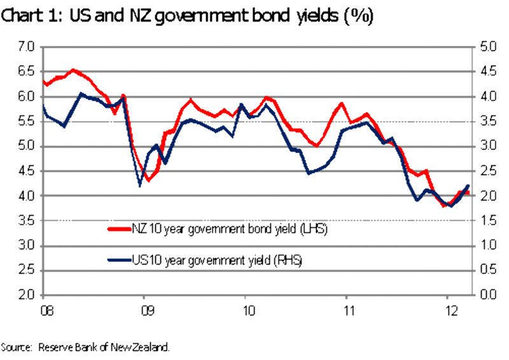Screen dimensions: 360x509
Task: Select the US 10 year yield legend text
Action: [x=218, y=260]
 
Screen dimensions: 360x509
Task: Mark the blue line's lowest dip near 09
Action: [x=140, y=186]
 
